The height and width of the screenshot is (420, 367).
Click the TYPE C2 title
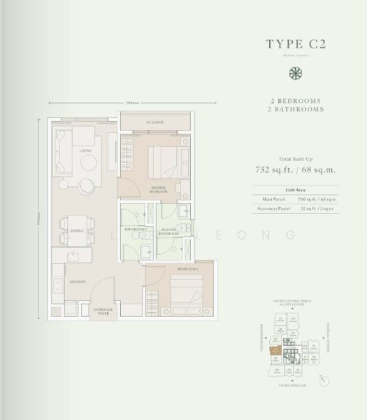tap(296, 44)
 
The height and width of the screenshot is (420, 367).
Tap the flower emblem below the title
tap(296, 73)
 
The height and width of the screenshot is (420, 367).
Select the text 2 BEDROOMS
tap(296, 100)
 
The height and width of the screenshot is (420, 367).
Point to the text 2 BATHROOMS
tap(296, 109)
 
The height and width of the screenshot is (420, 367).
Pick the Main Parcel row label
tap(265, 199)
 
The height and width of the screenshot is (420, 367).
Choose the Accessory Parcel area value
tap(319, 208)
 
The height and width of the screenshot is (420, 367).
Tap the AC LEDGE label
tap(154, 122)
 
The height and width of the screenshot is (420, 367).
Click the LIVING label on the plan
tap(86, 149)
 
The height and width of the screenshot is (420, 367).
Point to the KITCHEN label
tap(77, 282)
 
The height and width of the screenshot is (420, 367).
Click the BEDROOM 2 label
tap(187, 269)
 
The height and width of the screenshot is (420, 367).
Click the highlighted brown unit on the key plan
tap(277, 349)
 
